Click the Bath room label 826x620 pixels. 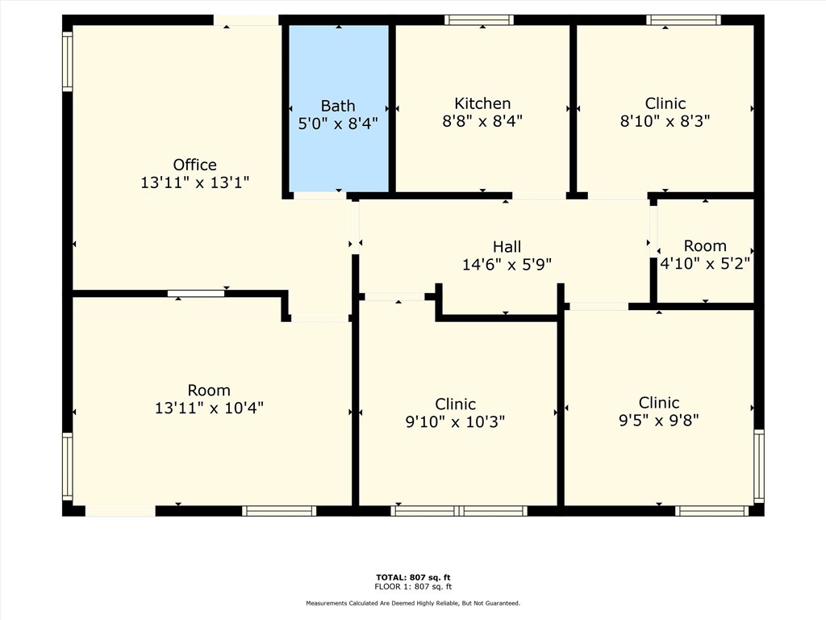pos(338,106)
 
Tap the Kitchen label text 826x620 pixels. pos(482,103)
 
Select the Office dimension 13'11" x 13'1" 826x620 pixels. pos(195,182)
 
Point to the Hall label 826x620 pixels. pos(507,247)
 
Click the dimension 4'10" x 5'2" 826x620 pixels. pos(705,263)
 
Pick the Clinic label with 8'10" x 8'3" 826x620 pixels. pos(665,103)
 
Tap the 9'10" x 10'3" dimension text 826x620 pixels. pos(455,421)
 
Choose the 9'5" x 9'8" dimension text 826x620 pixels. pos(658,420)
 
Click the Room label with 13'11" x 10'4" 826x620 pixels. pos(209,390)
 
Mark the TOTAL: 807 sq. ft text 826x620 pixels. pos(413,577)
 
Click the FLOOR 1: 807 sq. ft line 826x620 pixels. pos(413,586)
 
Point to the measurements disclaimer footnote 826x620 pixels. pos(413,603)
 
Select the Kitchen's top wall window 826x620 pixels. pos(479,20)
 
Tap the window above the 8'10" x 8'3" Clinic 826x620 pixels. pos(683,20)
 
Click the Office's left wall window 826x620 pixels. pos(68,61)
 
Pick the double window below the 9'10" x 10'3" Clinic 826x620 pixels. pos(459,511)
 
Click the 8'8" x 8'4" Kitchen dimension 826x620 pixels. pos(482,121)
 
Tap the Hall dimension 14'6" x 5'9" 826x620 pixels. pos(507,264)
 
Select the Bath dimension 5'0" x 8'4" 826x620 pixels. pos(338,124)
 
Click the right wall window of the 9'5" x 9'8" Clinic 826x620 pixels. pos(758,466)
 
